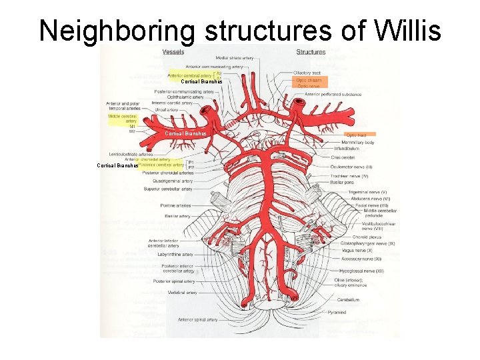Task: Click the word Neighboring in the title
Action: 117,30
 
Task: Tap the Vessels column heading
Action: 173,52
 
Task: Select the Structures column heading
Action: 311,52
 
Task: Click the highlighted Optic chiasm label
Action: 309,80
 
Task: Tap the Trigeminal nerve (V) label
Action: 367,192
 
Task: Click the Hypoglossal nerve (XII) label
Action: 361,271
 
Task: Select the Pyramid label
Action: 336,312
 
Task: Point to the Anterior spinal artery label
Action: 198,319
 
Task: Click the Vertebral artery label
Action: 182,292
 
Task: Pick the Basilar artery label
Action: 177,216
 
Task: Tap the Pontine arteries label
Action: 175,205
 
